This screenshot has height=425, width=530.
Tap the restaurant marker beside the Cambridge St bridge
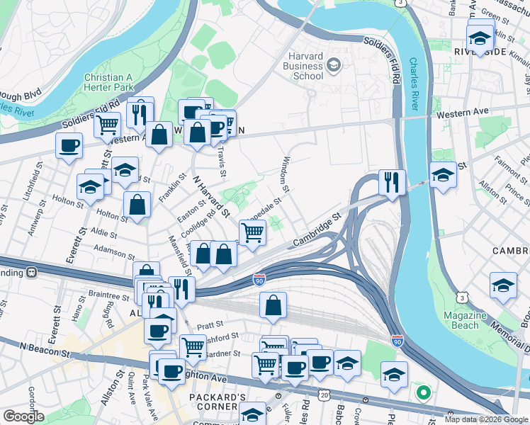pyautogui.click(x=392, y=181)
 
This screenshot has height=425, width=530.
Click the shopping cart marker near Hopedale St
pyautogui.click(x=252, y=232)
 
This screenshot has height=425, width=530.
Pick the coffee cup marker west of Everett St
pyautogui.click(x=69, y=146)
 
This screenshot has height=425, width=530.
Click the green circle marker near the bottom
pyautogui.click(x=423, y=391)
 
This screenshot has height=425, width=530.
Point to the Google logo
pyautogui.click(x=24, y=417)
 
